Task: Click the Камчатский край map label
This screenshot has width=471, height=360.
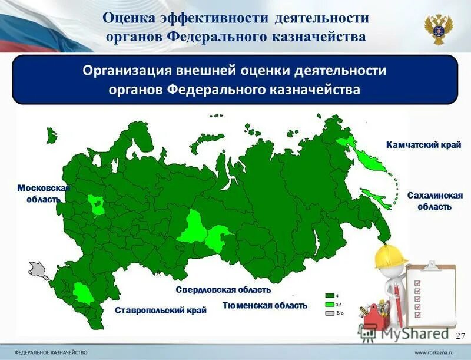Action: (423, 144)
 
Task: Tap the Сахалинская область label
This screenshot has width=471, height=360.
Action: (434, 201)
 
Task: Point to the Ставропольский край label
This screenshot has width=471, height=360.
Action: (161, 310)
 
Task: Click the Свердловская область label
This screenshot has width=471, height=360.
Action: (223, 290)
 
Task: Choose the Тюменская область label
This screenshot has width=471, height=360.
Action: (264, 305)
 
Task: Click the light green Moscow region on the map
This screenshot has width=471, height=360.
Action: (97, 206)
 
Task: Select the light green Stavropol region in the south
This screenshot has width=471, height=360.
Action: (82, 292)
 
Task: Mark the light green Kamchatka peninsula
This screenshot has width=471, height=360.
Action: (370, 157)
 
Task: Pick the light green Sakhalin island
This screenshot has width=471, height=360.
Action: (377, 200)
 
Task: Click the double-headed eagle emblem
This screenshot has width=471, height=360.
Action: (439, 28)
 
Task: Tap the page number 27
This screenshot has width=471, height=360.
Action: (460, 335)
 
